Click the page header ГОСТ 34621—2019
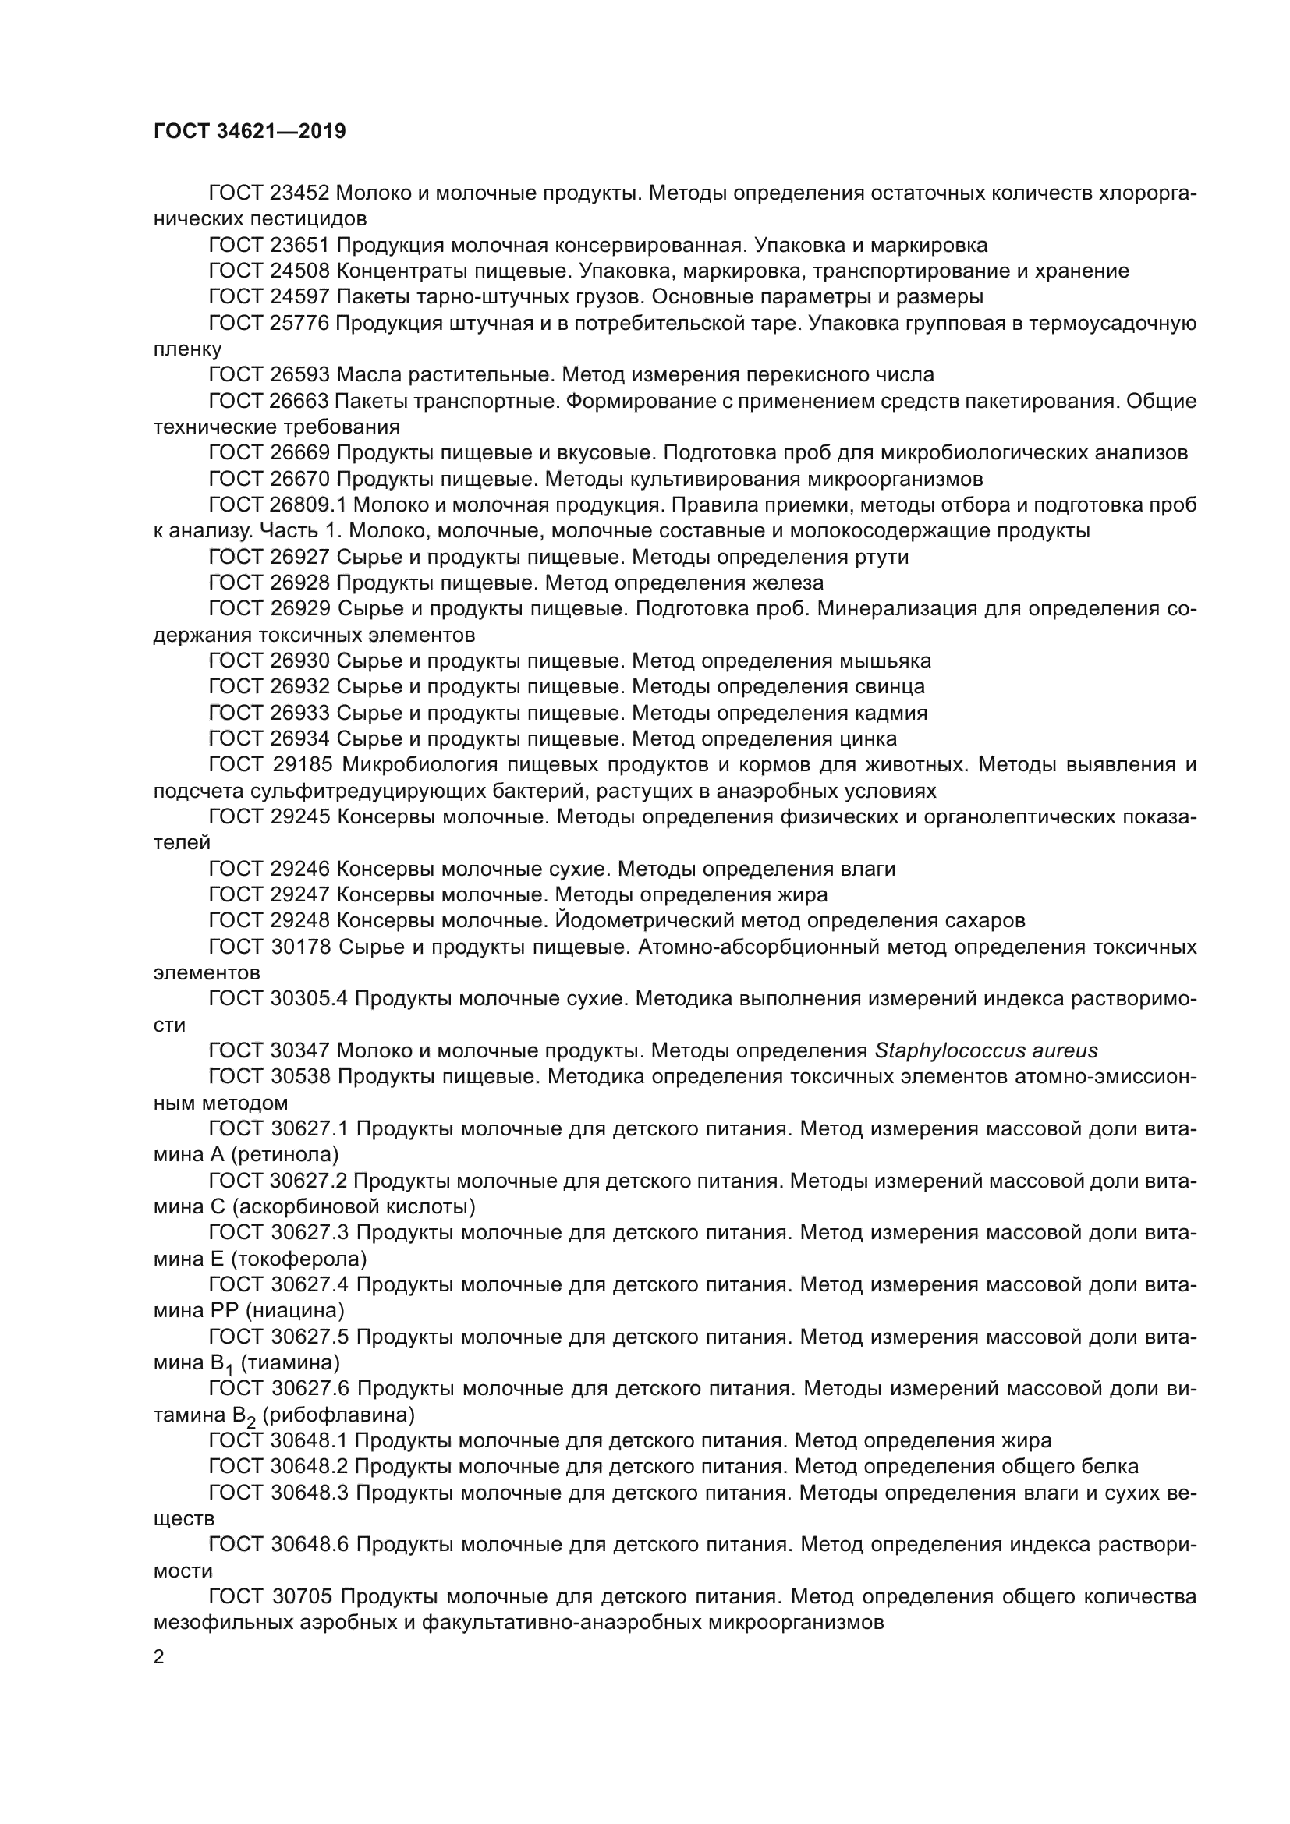(x=250, y=132)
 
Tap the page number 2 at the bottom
(x=159, y=1657)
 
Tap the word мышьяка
(x=886, y=661)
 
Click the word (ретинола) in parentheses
(x=285, y=1154)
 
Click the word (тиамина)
(x=290, y=1362)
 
